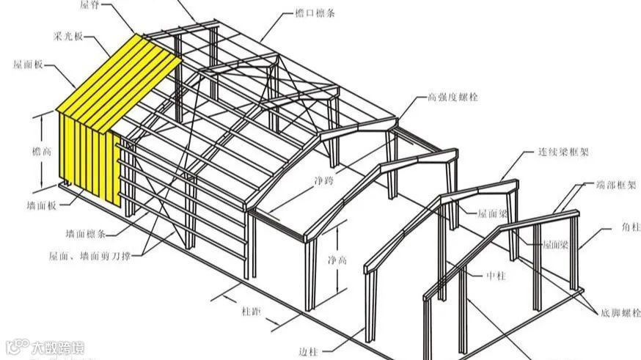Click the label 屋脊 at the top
[x=89, y=5]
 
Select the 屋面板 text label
[x=27, y=65]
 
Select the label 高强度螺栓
[x=452, y=97]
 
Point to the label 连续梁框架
[x=558, y=153]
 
